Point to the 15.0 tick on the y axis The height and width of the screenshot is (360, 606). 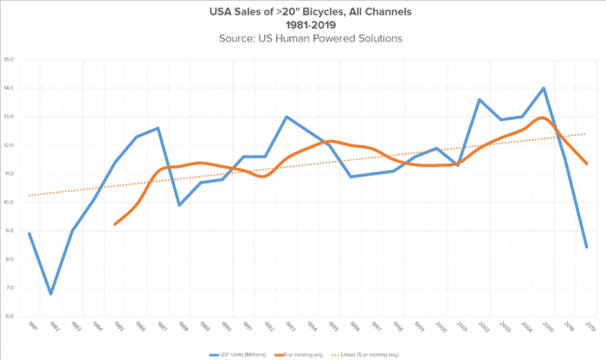tap(10, 60)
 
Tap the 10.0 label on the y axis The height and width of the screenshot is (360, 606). tap(10, 202)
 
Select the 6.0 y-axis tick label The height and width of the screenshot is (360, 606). tap(10, 316)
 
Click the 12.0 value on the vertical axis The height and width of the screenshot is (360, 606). tap(10, 145)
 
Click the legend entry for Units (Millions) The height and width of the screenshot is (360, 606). tap(239, 353)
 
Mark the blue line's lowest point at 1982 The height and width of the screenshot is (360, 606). tap(51, 293)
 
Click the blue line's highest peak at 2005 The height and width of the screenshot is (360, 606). tap(543, 88)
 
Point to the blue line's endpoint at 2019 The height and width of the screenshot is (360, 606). tap(587, 247)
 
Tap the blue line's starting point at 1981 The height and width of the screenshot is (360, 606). tap(29, 234)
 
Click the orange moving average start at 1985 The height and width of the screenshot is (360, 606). tap(115, 224)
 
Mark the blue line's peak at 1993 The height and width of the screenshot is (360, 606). tap(287, 117)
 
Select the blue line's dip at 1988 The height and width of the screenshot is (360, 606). tap(179, 205)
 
